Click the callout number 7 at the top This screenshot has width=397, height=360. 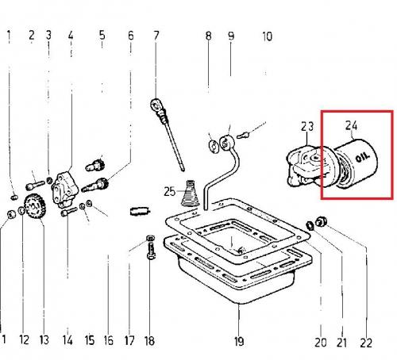click(x=156, y=36)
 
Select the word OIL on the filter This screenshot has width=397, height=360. click(x=362, y=158)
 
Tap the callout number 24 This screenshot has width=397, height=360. click(x=352, y=125)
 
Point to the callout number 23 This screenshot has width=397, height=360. click(x=307, y=127)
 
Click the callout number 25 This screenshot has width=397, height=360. click(x=170, y=191)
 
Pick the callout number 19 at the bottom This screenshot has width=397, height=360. click(x=239, y=341)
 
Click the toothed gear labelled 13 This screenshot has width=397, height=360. click(x=34, y=206)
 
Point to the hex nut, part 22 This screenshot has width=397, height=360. click(x=322, y=221)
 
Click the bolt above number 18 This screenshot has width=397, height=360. click(x=150, y=247)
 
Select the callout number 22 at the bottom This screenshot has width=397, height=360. click(x=366, y=343)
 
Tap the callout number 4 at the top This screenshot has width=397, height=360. click(x=71, y=36)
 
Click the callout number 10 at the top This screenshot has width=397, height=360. click(x=267, y=36)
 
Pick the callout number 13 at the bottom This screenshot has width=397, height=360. click(x=44, y=340)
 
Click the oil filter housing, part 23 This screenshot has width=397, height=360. click(x=304, y=167)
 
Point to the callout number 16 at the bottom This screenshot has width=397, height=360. click(x=109, y=340)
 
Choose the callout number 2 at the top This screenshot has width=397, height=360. click(x=32, y=36)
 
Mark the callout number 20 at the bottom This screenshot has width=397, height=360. click(x=321, y=343)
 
